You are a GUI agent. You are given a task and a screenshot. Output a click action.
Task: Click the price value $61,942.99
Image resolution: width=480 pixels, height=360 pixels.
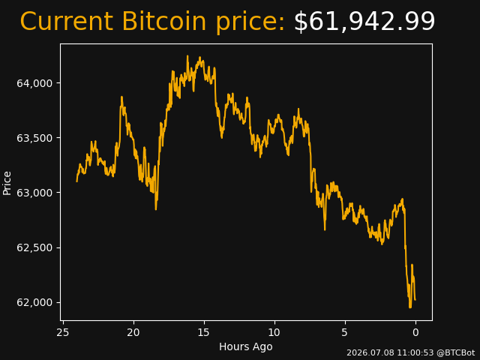point(364,21)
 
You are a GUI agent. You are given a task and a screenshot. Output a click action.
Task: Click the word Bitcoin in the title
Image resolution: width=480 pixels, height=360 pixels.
point(164,21)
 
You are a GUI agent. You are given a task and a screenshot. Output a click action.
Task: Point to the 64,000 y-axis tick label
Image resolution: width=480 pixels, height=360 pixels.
point(34,83)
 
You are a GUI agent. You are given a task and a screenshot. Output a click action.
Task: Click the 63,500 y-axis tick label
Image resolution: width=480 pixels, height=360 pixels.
point(34,138)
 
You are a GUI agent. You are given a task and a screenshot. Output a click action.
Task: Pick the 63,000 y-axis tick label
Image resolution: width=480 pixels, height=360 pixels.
point(34,193)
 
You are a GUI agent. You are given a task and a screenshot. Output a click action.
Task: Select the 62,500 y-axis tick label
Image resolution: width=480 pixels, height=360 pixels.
point(34,247)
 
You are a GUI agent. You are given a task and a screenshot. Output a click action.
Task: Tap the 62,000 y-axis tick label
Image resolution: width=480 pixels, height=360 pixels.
point(34,302)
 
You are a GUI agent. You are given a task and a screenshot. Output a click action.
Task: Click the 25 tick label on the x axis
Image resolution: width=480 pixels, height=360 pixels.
point(63,332)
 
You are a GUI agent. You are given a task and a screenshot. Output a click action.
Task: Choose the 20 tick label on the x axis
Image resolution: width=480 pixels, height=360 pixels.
point(133,332)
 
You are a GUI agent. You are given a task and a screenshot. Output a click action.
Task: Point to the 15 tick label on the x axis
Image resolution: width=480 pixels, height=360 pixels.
point(204,332)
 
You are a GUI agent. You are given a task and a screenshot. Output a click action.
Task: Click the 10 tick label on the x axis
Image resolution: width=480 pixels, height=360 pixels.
point(274,332)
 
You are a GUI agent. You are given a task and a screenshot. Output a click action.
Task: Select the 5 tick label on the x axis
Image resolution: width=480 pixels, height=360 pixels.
point(345,332)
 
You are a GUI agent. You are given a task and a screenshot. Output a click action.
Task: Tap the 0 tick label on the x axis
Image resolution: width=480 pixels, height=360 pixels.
point(415,332)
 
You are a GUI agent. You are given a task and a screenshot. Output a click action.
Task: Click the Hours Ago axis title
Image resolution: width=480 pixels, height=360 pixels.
point(246,346)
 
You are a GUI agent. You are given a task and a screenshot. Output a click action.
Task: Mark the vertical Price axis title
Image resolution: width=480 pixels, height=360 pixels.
point(7,183)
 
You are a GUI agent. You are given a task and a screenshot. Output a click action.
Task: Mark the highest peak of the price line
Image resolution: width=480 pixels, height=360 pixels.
point(187,56)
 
